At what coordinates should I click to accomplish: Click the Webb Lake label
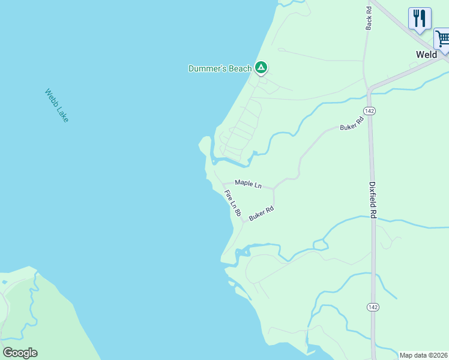tap(56, 106)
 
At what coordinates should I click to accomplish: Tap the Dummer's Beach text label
tap(220, 68)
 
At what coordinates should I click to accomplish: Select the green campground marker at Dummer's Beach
tap(261, 68)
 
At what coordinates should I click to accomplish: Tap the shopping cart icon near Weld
tap(442, 39)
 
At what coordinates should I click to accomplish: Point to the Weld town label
tap(427, 55)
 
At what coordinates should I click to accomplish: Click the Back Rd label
tap(369, 16)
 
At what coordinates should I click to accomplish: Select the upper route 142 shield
tap(369, 111)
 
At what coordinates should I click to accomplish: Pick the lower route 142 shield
tap(373, 307)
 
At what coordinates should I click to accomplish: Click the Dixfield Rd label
tap(373, 200)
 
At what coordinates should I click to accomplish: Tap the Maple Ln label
tap(248, 184)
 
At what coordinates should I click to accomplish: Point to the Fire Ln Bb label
tap(232, 203)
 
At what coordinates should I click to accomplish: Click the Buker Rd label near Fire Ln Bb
tap(261, 213)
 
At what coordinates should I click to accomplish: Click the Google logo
tap(20, 353)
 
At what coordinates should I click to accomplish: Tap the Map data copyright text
tap(423, 355)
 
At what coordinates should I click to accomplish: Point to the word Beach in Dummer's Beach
tap(240, 68)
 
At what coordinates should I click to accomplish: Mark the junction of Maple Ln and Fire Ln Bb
tap(224, 183)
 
